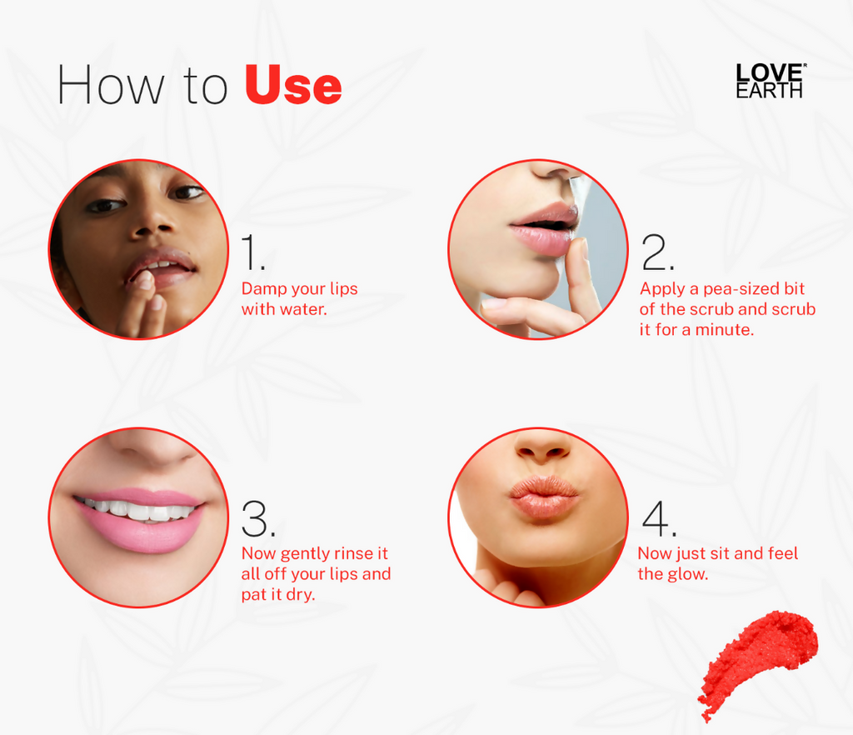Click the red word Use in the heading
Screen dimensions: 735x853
pos(293,86)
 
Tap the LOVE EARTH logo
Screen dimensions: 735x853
pos(770,82)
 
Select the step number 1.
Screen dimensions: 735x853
pos(252,252)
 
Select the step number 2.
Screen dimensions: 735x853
pos(656,252)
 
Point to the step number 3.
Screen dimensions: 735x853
pos(257,519)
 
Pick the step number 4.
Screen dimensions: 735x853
pos(656,519)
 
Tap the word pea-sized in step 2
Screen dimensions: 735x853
pos(721,289)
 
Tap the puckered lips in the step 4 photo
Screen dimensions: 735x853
pos(543,496)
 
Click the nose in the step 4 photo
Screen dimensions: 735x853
pos(541,448)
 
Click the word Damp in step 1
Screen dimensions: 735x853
pos(261,289)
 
